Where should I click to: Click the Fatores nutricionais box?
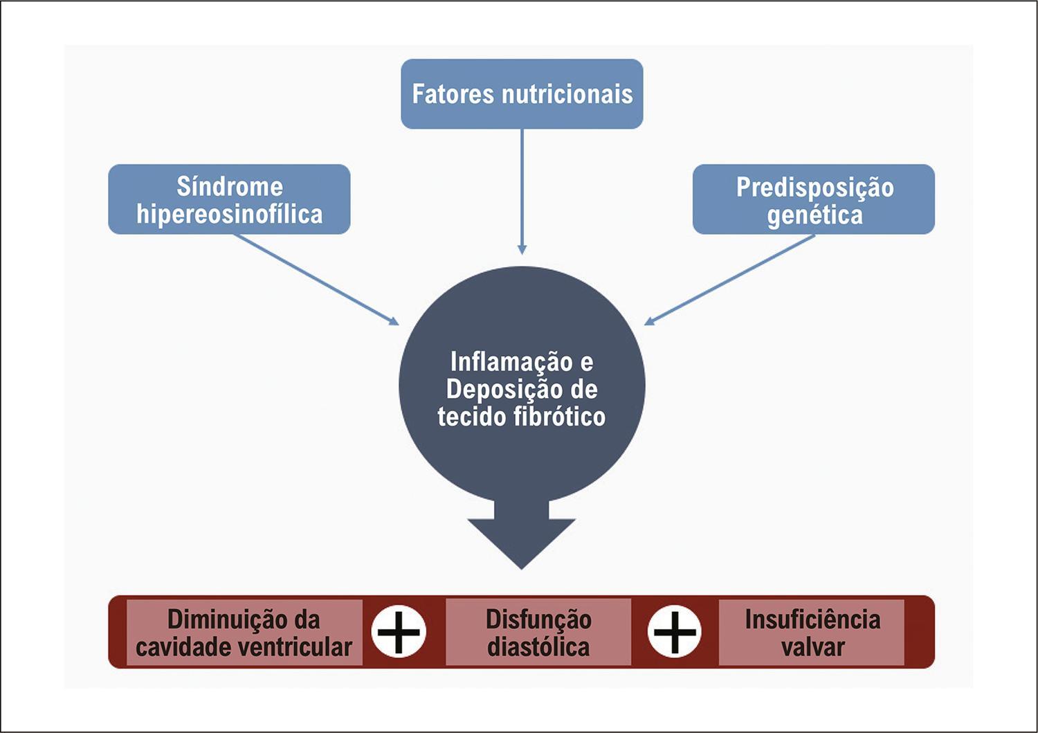click(x=522, y=93)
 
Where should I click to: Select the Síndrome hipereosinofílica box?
click(x=229, y=199)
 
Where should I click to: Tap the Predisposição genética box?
click(x=814, y=199)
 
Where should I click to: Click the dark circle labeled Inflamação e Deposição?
click(x=522, y=385)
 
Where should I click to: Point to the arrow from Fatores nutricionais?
click(x=522, y=192)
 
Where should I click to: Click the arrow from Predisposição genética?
click(x=729, y=280)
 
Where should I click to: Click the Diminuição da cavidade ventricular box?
click(x=244, y=633)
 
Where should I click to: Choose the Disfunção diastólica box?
click(x=538, y=633)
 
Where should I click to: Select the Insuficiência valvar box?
click(x=812, y=633)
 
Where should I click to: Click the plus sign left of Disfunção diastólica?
click(x=399, y=632)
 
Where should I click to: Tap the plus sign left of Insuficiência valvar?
click(x=675, y=632)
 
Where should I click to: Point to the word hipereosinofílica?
click(x=229, y=215)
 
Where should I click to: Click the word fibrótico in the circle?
click(x=559, y=416)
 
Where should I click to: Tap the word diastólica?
click(x=538, y=647)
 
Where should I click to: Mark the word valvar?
click(x=813, y=647)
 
